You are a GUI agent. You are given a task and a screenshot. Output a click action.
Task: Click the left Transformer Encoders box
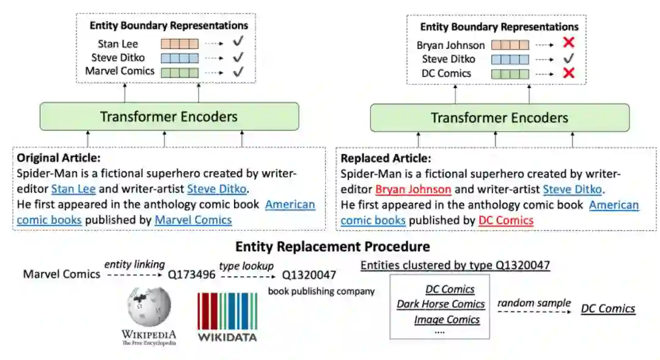(x=169, y=116)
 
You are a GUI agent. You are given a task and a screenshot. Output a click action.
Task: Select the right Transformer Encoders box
(x=499, y=118)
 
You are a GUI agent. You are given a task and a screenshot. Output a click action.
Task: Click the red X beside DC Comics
(x=568, y=73)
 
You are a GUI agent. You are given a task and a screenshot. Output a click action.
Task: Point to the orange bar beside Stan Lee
(x=180, y=44)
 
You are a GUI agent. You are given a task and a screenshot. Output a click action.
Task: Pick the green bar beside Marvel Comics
(x=180, y=72)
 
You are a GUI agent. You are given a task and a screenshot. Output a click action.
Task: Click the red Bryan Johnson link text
(x=413, y=189)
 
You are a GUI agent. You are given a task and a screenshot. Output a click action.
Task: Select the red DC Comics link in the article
(x=505, y=220)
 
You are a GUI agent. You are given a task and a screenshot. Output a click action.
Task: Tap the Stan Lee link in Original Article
(x=73, y=189)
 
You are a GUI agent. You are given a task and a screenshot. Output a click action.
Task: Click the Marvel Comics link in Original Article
(x=193, y=219)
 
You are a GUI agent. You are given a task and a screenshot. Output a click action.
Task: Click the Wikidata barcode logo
(x=227, y=312)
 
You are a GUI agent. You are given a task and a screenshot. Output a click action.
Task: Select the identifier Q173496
(x=192, y=274)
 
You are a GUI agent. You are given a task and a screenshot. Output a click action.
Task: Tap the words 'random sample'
(x=533, y=303)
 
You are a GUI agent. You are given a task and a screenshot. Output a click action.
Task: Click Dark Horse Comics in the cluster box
(x=441, y=304)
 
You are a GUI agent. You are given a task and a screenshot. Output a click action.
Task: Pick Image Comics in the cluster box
(x=447, y=319)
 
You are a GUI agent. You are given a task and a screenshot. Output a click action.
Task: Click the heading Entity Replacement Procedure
(x=332, y=247)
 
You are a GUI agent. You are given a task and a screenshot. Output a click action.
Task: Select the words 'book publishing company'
(x=321, y=291)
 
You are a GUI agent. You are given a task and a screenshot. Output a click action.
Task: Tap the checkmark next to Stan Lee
(x=238, y=44)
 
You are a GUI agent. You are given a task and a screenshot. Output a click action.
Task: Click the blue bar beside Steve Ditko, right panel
(x=510, y=59)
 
